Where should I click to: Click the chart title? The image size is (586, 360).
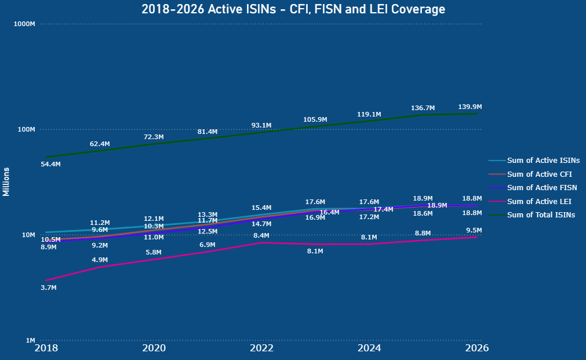pos(293,9)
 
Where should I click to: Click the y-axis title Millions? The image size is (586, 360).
pos(6,181)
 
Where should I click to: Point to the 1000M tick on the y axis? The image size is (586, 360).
pos(24,24)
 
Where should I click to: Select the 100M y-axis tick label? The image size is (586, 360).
pos(26,129)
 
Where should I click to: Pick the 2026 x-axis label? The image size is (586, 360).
pos(477,348)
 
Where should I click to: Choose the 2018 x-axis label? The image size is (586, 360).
pos(46,348)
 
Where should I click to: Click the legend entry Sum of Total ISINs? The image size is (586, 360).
pos(541,215)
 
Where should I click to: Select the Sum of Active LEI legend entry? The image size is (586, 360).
pos(538,202)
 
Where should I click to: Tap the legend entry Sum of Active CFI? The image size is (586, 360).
pos(538,174)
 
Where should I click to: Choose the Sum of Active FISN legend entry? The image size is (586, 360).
pos(541,188)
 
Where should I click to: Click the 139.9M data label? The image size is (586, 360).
pos(470,107)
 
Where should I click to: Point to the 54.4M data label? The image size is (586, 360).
pos(50,165)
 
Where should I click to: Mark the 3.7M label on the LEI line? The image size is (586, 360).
pos(49,288)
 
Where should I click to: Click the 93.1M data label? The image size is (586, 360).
pos(261,126)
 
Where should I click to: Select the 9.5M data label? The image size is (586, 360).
pos(474,231)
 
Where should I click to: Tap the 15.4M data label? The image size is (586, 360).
pos(261,208)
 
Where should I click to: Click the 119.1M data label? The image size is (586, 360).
pos(369,115)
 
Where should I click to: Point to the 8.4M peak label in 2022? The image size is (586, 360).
pos(261,236)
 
